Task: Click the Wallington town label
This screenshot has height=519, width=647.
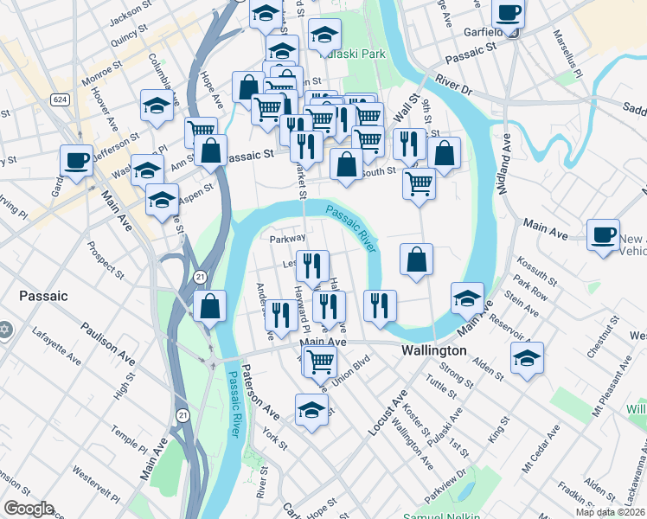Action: coord(433,351)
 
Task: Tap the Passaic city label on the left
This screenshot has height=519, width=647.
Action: coord(43,296)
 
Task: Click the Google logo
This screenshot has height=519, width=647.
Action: coord(29,509)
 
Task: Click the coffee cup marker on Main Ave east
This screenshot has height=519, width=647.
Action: coord(603,234)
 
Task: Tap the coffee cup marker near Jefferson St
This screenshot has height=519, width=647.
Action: coord(76,160)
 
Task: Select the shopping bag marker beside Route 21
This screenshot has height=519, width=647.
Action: coord(209,305)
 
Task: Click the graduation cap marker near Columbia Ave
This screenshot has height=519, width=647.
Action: coord(156,106)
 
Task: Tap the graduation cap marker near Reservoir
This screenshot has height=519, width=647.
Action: coord(526,356)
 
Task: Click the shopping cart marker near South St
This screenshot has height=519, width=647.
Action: coord(419,183)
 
